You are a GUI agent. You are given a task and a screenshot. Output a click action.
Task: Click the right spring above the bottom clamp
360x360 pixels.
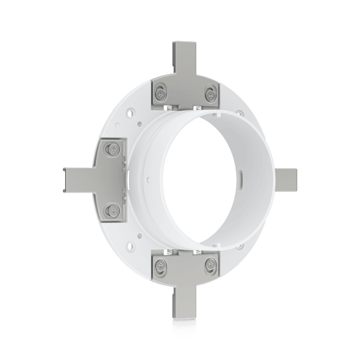[x=197, y=251]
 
